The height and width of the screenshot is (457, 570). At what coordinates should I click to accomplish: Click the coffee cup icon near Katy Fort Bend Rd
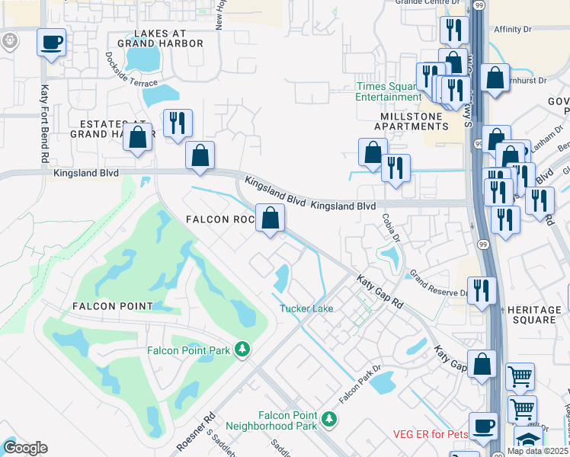51,43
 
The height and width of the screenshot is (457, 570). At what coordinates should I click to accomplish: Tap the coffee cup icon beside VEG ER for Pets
482,426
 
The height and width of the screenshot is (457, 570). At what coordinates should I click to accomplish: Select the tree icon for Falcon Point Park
242,349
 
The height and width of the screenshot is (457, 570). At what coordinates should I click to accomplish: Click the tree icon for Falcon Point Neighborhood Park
329,418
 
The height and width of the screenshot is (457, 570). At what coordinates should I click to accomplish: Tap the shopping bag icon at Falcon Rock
270,218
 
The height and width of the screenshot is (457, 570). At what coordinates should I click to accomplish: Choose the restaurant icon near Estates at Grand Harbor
178,123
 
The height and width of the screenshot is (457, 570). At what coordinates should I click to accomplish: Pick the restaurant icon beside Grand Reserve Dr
482,290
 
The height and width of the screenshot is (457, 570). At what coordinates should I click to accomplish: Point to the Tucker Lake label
306,308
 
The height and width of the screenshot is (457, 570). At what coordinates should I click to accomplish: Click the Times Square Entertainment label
388,91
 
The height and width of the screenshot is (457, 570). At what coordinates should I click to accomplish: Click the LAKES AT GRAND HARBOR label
157,39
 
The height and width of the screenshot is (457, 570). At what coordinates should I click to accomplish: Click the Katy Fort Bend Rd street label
44,121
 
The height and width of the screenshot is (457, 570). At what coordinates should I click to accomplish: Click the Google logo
25,448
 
